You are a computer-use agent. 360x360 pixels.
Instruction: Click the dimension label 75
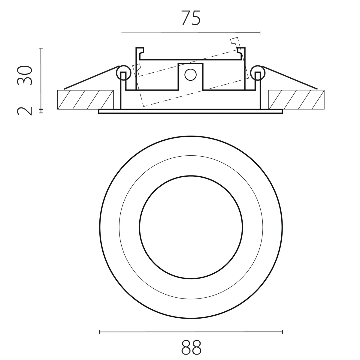pyautogui.click(x=191, y=18)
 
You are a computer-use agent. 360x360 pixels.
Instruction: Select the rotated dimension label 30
pyautogui.click(x=25, y=76)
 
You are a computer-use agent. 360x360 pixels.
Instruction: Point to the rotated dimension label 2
pyautogui.click(x=25, y=111)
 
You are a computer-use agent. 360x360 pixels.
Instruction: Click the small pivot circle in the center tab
pyautogui.click(x=190, y=75)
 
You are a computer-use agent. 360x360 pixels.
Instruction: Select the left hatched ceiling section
pyautogui.click(x=86, y=100)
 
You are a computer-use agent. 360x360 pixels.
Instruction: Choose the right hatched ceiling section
pyautogui.click(x=296, y=100)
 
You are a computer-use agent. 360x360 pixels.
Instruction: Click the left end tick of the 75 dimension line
pyautogui.click(x=121, y=33)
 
